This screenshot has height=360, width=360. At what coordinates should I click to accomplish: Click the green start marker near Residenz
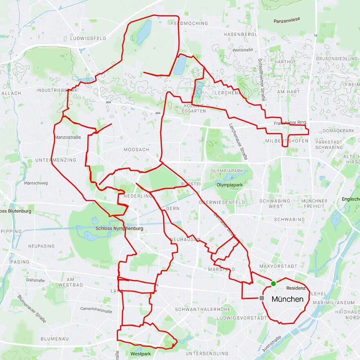point(273,283)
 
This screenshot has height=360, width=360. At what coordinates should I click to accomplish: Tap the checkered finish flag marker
point(263,298)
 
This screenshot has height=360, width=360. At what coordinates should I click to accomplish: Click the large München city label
point(287,299)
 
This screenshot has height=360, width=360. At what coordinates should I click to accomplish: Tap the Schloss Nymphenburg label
point(119,229)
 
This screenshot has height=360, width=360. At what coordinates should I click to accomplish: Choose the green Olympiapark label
point(229,185)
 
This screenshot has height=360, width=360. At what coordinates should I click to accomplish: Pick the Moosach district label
point(136,150)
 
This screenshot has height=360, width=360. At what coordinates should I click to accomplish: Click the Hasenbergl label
point(240,34)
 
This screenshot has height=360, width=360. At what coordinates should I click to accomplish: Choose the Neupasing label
point(41,246)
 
